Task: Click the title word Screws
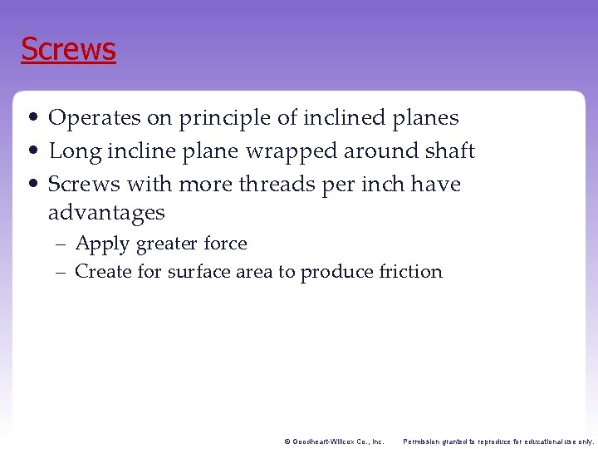click(x=68, y=49)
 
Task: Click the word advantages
click(x=106, y=213)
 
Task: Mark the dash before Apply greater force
click(x=62, y=244)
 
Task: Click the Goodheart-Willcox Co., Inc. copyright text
click(x=333, y=442)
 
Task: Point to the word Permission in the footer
click(x=424, y=442)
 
